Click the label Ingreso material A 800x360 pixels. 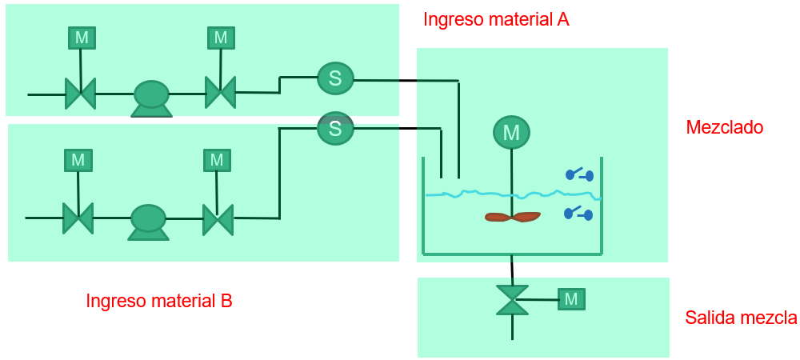[x=497, y=19]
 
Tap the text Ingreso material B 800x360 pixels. [x=159, y=301]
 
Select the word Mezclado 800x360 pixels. [x=725, y=127]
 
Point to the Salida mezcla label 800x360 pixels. [x=741, y=318]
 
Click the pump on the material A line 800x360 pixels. [x=151, y=98]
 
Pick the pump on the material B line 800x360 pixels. [x=148, y=222]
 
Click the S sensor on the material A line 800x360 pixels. [x=335, y=78]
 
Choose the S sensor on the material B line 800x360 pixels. [x=335, y=128]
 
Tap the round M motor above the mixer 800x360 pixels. [x=511, y=133]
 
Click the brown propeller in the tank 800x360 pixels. [x=512, y=217]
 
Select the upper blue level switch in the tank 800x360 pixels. [x=579, y=175]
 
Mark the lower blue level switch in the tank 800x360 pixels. [x=578, y=214]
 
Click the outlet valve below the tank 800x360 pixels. [x=512, y=300]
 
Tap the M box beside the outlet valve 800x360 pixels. [x=571, y=299]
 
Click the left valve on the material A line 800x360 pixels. [x=80, y=94]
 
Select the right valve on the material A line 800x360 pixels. [x=221, y=92]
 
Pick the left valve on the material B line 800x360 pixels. [x=78, y=218]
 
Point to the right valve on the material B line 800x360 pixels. [x=218, y=219]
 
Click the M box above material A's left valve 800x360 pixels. [x=82, y=38]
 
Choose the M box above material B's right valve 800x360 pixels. [x=217, y=160]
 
